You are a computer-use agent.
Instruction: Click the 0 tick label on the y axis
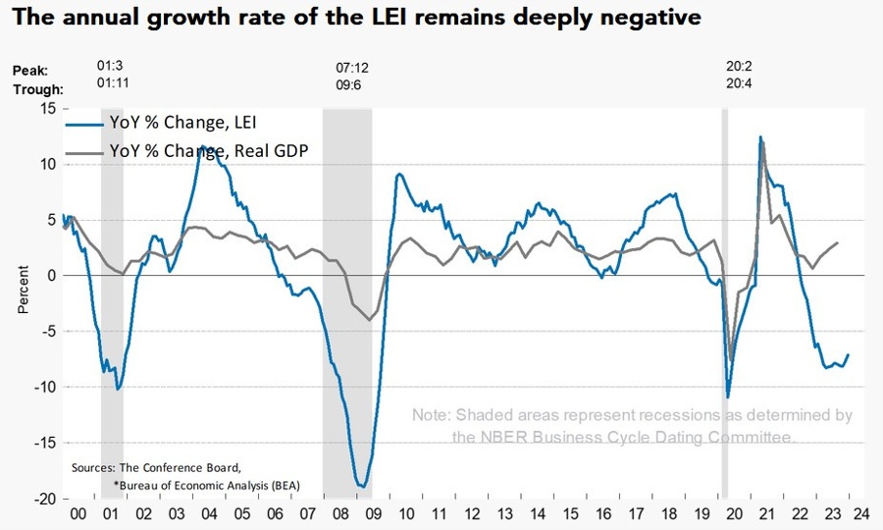(51, 276)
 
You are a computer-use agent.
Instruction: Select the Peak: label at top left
(30, 70)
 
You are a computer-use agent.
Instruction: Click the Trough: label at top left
(37, 88)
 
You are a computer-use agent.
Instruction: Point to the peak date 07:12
(352, 68)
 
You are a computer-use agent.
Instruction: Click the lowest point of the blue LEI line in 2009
(362, 486)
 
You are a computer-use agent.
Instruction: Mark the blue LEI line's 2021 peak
(760, 137)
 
